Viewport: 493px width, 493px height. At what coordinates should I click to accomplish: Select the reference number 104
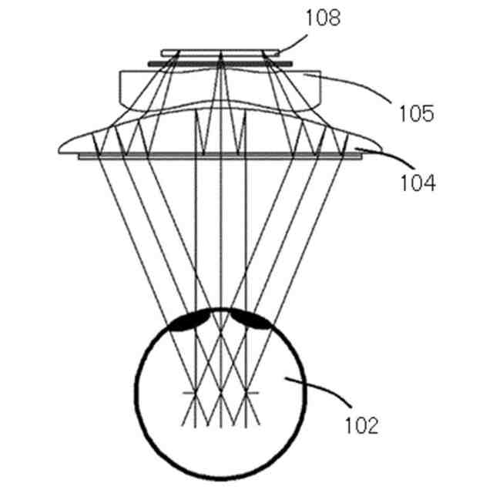[417, 183]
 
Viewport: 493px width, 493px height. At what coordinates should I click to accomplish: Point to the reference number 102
[361, 424]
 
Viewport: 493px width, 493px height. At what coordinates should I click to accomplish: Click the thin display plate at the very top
[221, 52]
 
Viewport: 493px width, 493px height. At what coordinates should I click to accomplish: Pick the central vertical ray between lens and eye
[221, 231]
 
